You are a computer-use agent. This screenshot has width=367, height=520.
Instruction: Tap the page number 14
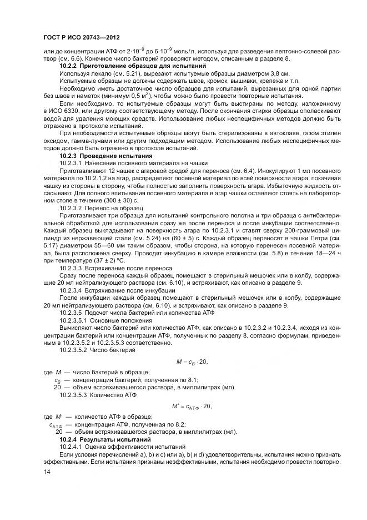click(47, 472)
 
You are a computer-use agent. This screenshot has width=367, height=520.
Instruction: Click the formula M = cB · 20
click(191, 361)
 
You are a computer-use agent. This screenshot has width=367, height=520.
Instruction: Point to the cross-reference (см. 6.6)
click(71, 59)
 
